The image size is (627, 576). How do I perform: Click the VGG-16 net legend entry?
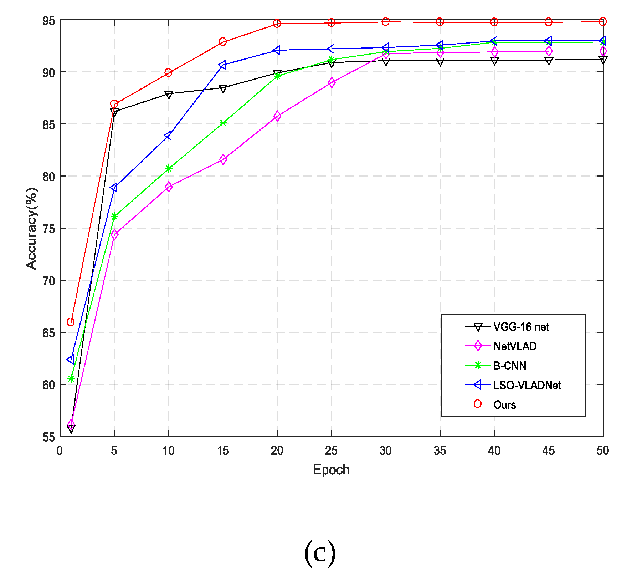pyautogui.click(x=521, y=327)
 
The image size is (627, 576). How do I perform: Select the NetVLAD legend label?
pyautogui.click(x=515, y=346)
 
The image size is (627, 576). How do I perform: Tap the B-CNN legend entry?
pyautogui.click(x=509, y=366)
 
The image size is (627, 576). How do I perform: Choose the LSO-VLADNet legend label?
pyautogui.click(x=527, y=385)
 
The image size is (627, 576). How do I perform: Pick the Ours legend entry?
pyautogui.click(x=504, y=405)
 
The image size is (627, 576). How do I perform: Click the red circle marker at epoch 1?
pyautogui.click(x=71, y=322)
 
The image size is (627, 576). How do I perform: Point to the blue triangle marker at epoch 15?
pyautogui.click(x=223, y=65)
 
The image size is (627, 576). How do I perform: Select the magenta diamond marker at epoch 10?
pyautogui.click(x=169, y=187)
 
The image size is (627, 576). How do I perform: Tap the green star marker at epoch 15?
pyautogui.click(x=223, y=123)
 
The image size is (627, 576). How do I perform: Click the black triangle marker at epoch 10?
pyautogui.click(x=169, y=94)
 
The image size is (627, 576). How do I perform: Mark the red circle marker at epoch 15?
pyautogui.click(x=223, y=42)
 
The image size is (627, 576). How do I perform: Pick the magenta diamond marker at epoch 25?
pyautogui.click(x=332, y=83)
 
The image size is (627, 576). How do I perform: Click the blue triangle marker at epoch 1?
pyautogui.click(x=71, y=359)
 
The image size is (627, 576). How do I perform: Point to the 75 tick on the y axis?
pyautogui.click(x=49, y=229)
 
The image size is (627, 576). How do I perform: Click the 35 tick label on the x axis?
pyautogui.click(x=440, y=451)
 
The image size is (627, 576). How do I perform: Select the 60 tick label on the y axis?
pyautogui.click(x=49, y=385)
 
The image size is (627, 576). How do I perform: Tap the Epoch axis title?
pyautogui.click(x=331, y=470)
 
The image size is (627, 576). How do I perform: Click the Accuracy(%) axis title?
pyautogui.click(x=31, y=228)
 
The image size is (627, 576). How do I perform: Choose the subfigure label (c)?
pyautogui.click(x=320, y=553)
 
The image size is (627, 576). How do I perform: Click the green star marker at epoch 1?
pyautogui.click(x=71, y=378)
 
